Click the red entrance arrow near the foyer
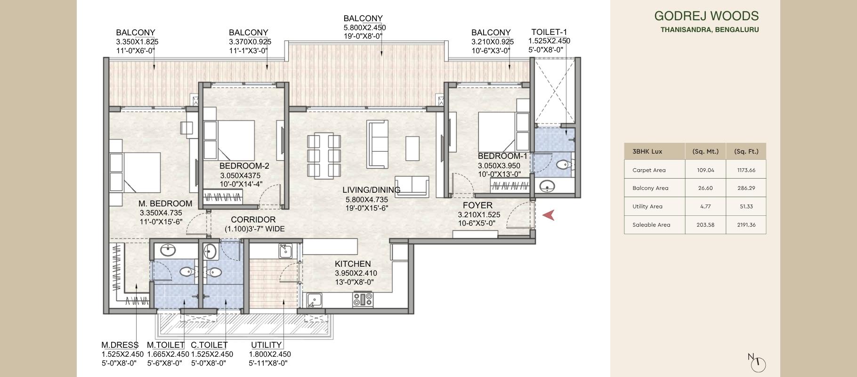pyautogui.click(x=548, y=215)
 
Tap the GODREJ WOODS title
pyautogui.click(x=706, y=16)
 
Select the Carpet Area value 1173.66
pyautogui.click(x=746, y=170)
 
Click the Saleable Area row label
pyautogui.click(x=651, y=225)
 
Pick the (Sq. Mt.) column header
pyautogui.click(x=705, y=151)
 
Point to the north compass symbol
pyautogui.click(x=758, y=363)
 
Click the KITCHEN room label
pyautogui.click(x=353, y=264)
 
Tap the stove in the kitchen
pyautogui.click(x=363, y=299)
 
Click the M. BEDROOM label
pyautogui.click(x=165, y=204)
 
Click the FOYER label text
pyautogui.click(x=477, y=205)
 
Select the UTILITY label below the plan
pyautogui.click(x=266, y=345)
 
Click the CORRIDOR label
pyautogui.click(x=253, y=220)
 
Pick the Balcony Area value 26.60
pyautogui.click(x=705, y=188)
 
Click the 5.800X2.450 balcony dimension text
pyautogui.click(x=364, y=28)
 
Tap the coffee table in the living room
pyautogui.click(x=412, y=148)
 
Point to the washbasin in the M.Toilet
pyautogui.click(x=168, y=250)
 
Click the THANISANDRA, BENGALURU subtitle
pyautogui.click(x=709, y=30)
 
